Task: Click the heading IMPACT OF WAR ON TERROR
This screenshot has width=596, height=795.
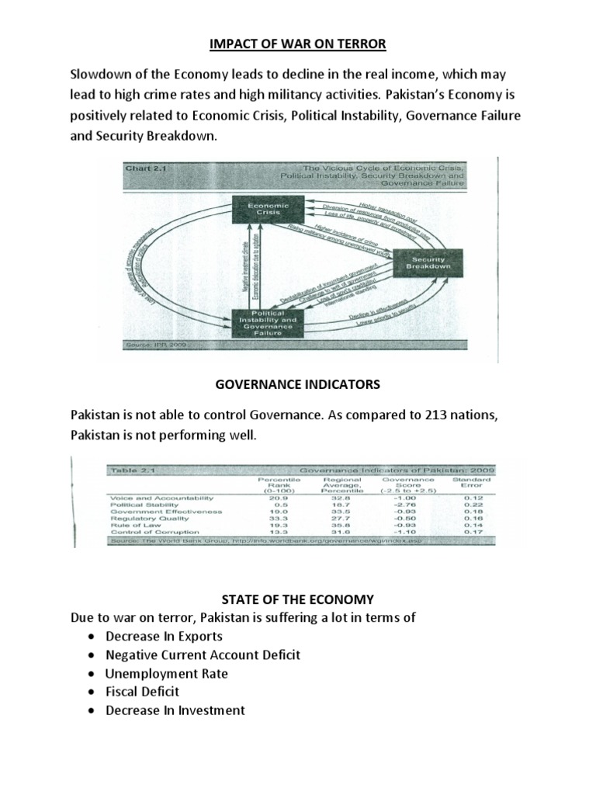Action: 297,44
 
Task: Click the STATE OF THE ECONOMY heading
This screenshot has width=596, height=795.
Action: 297,599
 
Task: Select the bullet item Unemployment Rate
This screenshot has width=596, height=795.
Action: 167,673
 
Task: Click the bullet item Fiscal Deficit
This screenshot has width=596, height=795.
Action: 143,691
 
